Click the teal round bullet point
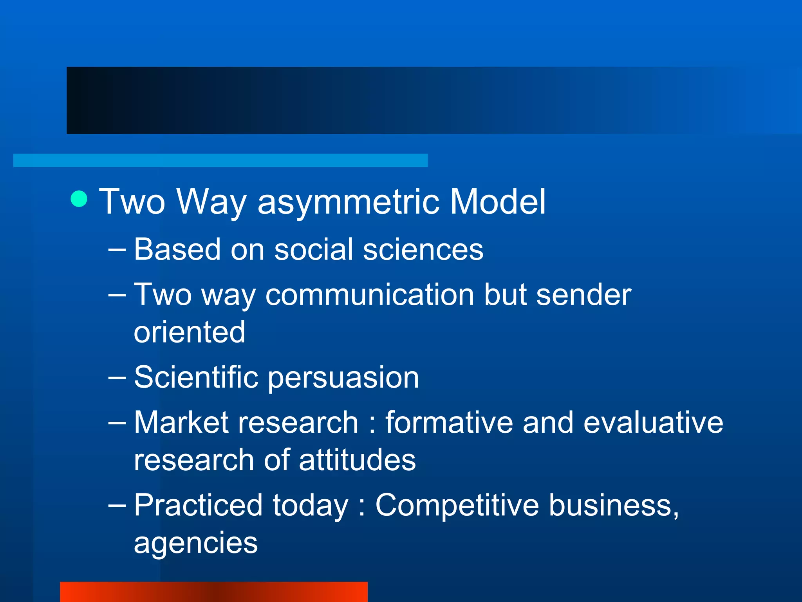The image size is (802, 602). (79, 199)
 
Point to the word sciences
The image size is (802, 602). (423, 249)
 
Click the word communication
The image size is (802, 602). (370, 294)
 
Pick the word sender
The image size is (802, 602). (583, 294)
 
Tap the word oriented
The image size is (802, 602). (190, 332)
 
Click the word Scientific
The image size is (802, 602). (196, 377)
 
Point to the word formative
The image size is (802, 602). (449, 422)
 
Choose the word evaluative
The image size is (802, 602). (653, 422)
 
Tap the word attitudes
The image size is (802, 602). (357, 460)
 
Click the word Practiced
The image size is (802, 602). (198, 505)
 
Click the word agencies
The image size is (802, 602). (195, 544)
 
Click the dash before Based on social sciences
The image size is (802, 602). (117, 249)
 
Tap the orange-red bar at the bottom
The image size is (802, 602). (213, 591)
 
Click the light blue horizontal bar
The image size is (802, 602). (220, 160)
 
